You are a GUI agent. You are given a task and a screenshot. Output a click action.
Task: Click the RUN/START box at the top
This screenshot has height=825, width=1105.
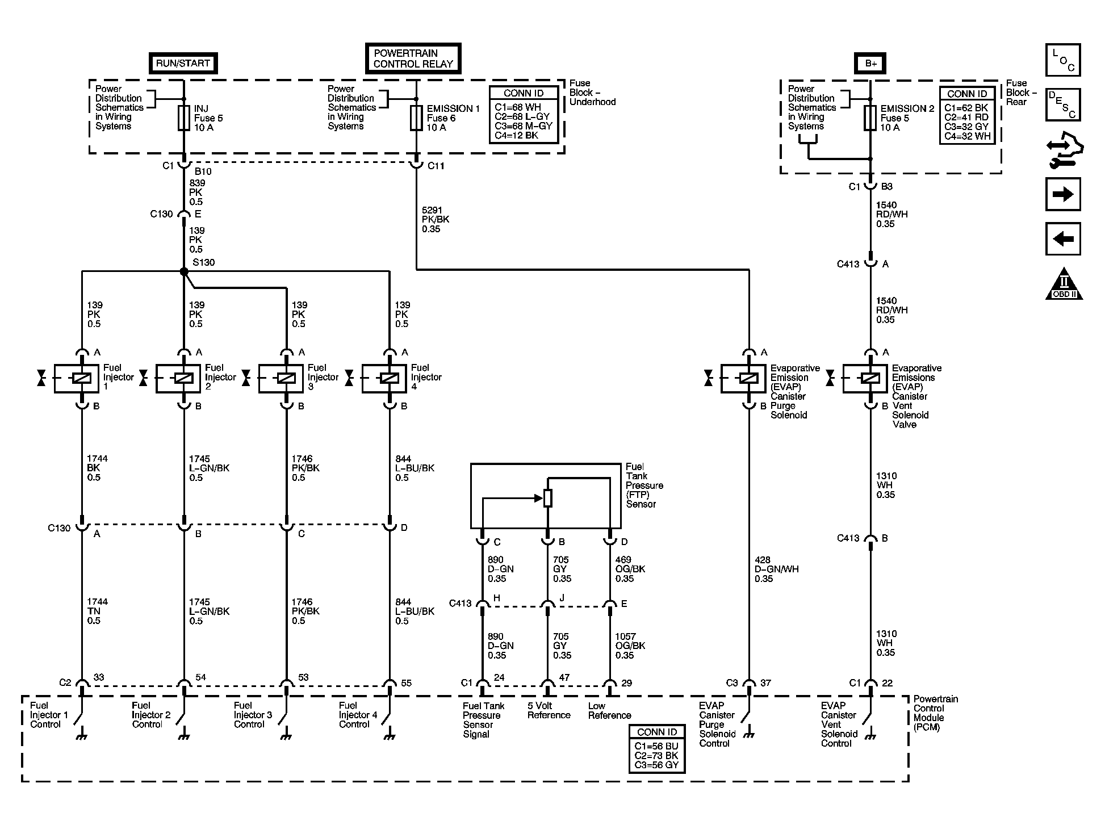[183, 63]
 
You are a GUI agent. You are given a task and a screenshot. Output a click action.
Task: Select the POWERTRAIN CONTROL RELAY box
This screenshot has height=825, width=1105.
[413, 58]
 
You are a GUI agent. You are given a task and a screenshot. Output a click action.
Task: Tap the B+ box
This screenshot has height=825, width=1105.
[870, 63]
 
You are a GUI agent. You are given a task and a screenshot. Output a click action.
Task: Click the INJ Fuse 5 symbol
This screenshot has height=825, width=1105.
[183, 118]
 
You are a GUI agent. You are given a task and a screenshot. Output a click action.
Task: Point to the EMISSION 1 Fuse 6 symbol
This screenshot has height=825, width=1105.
[416, 118]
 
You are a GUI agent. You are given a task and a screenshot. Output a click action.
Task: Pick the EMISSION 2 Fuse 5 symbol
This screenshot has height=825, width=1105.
[870, 118]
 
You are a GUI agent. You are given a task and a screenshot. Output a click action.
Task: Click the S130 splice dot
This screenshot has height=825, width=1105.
[184, 272]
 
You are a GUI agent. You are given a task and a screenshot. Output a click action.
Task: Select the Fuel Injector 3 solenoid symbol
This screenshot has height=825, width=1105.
[286, 378]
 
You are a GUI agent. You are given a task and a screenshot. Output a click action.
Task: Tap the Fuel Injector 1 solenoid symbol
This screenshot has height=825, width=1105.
[82, 378]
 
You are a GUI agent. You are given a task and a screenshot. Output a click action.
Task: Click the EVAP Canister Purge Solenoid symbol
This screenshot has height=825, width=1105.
[748, 378]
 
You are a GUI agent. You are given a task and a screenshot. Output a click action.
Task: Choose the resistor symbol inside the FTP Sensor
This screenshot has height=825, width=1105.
[547, 498]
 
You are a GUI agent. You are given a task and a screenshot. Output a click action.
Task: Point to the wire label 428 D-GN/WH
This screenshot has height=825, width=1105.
[776, 569]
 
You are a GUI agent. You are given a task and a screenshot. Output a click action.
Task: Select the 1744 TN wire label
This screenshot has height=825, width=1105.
[97, 611]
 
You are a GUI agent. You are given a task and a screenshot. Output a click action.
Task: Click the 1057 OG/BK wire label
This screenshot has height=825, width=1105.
[630, 646]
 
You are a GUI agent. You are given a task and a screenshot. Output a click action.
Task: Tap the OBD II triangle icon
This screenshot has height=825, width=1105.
[1064, 284]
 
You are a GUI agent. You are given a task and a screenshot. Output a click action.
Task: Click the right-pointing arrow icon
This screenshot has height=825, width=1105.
[1062, 195]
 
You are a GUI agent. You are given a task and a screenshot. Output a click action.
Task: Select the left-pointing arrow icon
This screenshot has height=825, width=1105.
[1062, 238]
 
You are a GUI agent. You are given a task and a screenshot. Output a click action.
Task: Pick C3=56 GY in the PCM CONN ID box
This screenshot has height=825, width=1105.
[656, 765]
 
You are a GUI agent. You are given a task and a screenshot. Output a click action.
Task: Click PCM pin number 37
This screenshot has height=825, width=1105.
[765, 682]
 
